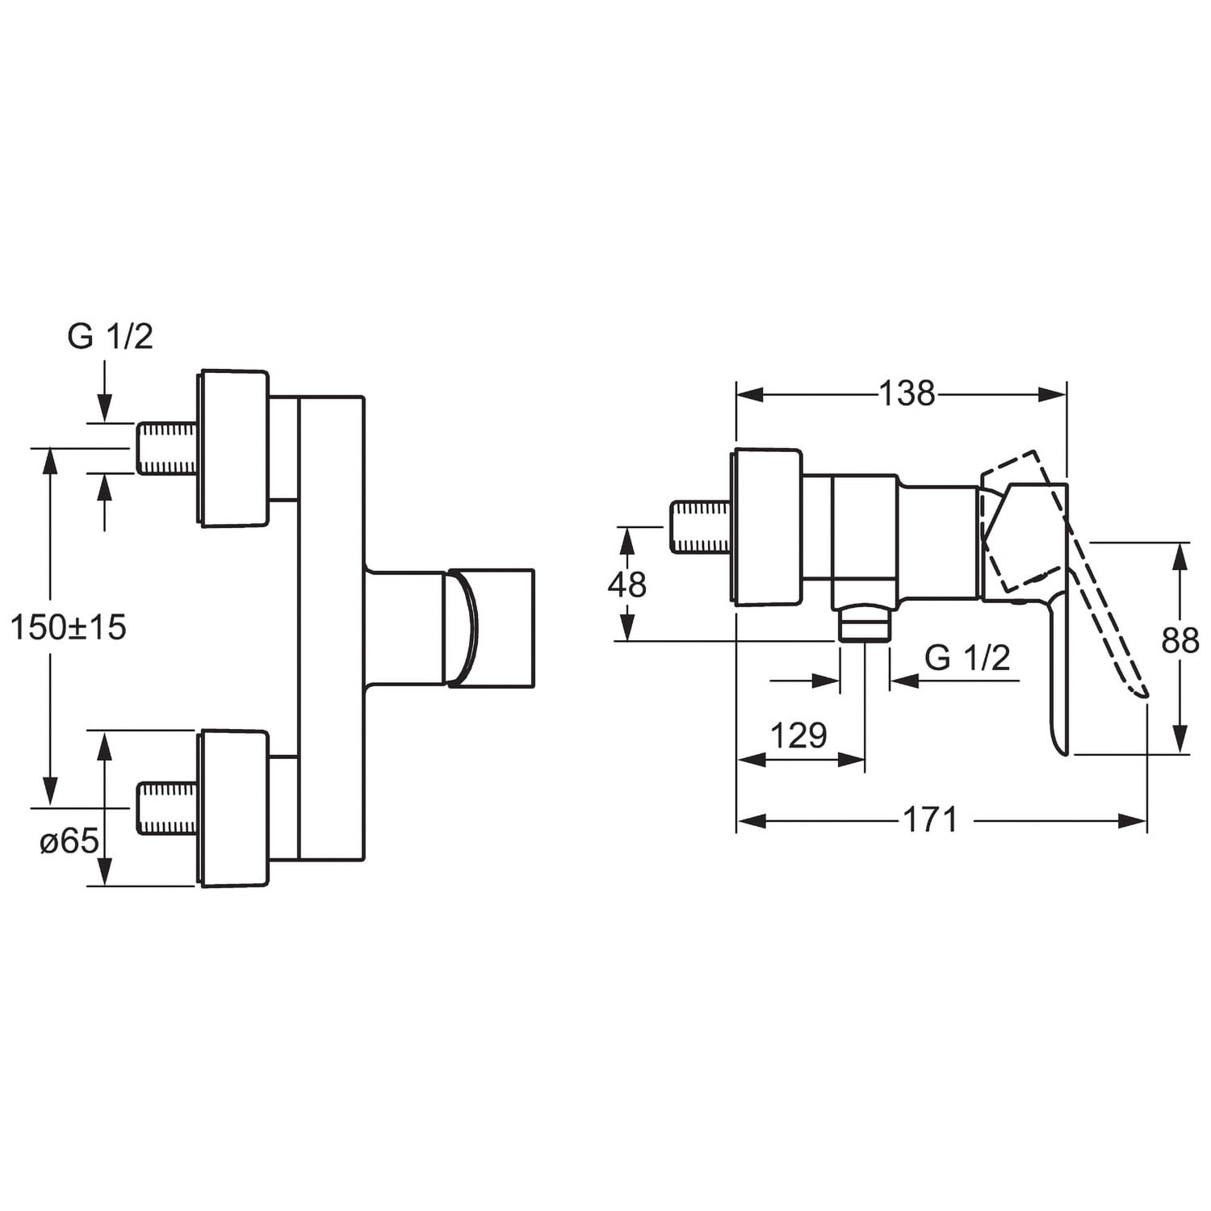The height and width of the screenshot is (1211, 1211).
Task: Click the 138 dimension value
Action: click(907, 394)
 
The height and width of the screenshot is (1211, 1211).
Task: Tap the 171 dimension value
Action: click(930, 820)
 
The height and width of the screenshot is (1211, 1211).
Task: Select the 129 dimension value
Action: click(799, 735)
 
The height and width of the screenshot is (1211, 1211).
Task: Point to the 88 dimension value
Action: click(1180, 641)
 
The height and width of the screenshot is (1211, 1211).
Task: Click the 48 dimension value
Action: click(627, 585)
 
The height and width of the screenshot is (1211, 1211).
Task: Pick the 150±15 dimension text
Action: click(69, 627)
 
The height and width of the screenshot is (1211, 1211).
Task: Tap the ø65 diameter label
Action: click(69, 842)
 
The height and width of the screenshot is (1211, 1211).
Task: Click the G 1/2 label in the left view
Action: click(110, 337)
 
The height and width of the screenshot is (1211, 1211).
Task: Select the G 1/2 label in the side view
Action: click(967, 659)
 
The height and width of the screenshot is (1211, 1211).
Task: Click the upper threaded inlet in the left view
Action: click(167, 448)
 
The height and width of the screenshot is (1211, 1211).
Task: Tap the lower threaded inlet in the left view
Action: click(167, 808)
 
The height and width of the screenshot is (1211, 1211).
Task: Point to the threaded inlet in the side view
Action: click(701, 527)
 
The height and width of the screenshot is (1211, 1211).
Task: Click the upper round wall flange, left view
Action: click(233, 449)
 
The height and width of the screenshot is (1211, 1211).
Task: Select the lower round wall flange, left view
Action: click(233, 808)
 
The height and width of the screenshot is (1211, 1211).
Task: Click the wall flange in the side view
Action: click(767, 526)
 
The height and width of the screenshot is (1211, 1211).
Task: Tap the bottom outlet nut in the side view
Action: click(865, 625)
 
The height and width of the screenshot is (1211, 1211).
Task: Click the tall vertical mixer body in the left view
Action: click(332, 628)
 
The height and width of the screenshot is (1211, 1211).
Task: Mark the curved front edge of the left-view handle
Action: click(469, 628)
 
